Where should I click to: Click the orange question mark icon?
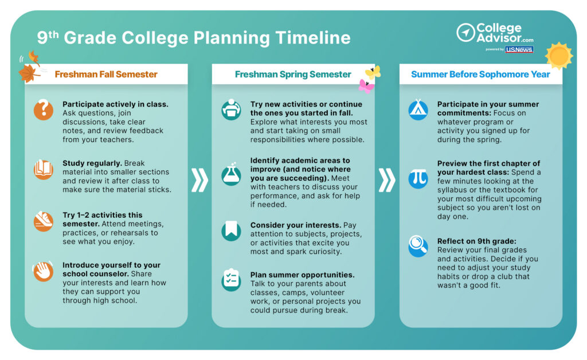[43, 109]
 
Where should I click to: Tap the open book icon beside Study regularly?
[43, 169]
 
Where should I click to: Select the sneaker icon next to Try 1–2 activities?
[43, 221]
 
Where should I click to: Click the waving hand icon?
[43, 271]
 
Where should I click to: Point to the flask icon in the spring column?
[231, 175]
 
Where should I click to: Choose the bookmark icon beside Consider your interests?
[231, 231]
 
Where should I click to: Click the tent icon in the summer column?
[418, 110]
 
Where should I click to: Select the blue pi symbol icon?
[418, 178]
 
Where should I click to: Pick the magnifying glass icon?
[418, 246]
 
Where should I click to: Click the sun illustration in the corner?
[558, 56]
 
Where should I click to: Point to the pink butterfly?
[366, 86]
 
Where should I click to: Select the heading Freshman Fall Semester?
[106, 74]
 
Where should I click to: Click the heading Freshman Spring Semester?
[293, 74]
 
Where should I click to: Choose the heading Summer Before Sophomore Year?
[480, 74]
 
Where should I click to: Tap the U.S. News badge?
[519, 49]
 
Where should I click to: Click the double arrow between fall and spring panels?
[199, 180]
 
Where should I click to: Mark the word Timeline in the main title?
[313, 38]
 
